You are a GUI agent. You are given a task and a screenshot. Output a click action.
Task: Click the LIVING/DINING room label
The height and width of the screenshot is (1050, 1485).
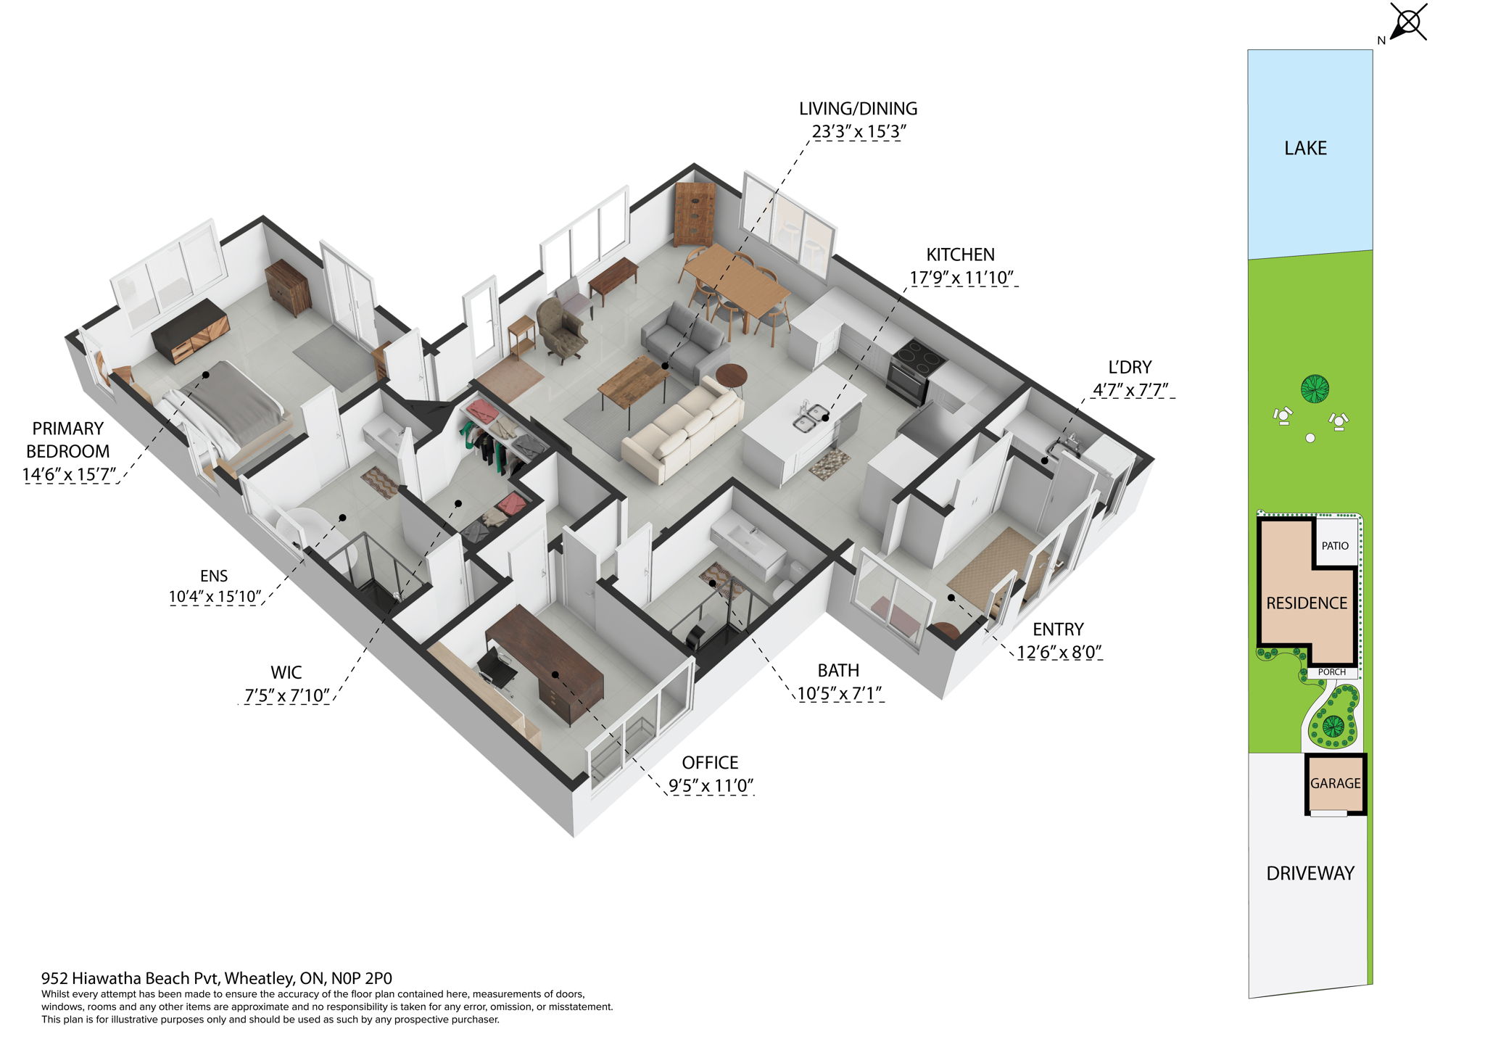[858, 109]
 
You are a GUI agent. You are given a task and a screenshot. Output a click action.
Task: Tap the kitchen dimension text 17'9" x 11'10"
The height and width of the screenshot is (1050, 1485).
[961, 278]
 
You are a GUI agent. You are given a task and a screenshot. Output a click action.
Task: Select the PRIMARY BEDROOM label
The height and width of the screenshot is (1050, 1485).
[67, 439]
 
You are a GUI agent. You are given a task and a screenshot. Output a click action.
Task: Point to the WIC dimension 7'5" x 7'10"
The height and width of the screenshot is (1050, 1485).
[287, 695]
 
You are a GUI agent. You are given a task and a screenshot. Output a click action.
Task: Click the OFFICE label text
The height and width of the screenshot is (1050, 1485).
[710, 762]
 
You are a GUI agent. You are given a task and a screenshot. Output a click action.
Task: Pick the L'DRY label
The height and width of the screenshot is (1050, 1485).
[1130, 367]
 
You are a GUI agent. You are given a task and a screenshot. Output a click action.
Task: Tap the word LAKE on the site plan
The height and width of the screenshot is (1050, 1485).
[1305, 148]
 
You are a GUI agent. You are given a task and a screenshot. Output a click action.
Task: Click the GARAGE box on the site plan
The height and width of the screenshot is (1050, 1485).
[1335, 783]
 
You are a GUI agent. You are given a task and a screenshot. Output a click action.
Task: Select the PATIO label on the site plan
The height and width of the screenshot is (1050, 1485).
[1335, 545]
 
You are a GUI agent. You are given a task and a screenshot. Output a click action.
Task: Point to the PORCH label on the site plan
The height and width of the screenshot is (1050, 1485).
[1332, 672]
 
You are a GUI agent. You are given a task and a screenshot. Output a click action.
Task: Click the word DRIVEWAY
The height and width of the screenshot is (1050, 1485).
[1310, 873]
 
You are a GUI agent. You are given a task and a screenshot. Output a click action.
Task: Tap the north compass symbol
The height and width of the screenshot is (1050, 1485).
[1407, 22]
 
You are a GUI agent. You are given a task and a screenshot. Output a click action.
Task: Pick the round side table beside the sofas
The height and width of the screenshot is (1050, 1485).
[731, 376]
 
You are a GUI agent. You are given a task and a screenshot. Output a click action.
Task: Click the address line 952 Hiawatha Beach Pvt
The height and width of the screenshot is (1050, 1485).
[216, 978]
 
